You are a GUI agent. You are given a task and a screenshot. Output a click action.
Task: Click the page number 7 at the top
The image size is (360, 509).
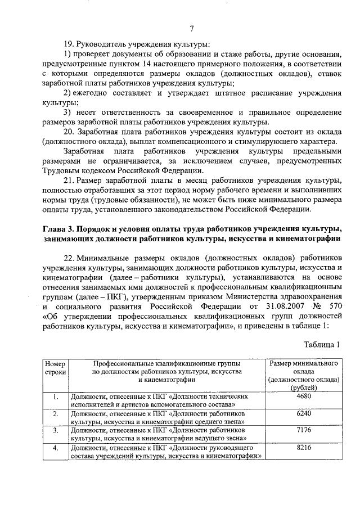pos(191,29)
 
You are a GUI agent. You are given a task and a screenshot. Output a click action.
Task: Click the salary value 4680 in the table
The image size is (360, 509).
pos(303,397)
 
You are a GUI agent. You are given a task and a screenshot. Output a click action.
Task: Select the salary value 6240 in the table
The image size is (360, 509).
pos(303,413)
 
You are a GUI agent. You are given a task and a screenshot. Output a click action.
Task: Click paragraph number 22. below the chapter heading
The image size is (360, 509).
pos(70,257)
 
